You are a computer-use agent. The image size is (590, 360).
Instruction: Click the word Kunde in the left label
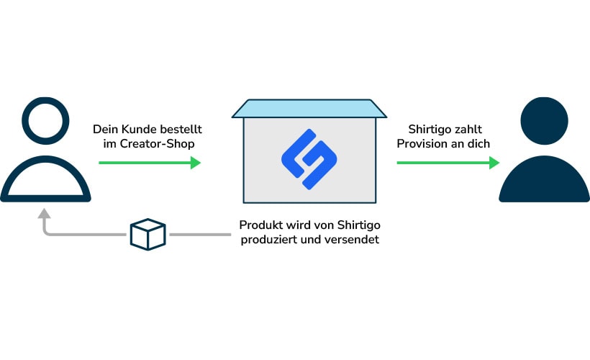tap(137, 130)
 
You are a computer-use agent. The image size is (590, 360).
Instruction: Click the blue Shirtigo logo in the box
tap(309, 159)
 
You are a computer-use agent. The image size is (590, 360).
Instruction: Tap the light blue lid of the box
tap(309, 109)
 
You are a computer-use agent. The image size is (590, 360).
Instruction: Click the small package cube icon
tap(147, 235)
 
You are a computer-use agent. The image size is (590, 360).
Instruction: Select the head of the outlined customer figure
tap(45, 122)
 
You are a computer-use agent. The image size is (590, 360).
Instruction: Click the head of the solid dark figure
tap(544, 122)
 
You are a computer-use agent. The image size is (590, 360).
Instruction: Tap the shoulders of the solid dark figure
tap(544, 180)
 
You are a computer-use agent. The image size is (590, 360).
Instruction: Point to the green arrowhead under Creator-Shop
tap(195, 163)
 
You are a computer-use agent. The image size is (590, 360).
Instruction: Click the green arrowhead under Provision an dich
tap(494, 163)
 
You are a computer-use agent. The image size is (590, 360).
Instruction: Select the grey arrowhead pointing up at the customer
tap(45, 214)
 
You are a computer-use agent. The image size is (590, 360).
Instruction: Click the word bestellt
tap(178, 130)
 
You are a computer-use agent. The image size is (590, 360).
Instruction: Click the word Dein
tap(104, 130)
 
